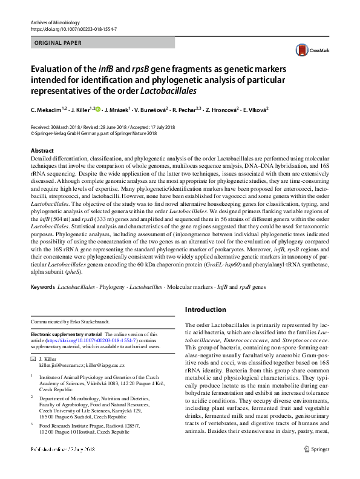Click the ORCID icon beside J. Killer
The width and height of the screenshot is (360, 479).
click(97, 110)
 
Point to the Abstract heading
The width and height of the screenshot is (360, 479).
click(42, 150)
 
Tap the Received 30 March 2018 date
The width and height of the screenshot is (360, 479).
click(58, 127)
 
